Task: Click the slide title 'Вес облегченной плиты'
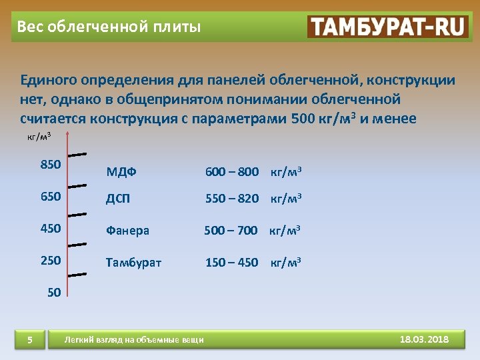click(x=108, y=27)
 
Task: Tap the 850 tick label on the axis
click(x=51, y=165)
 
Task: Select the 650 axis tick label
click(x=51, y=197)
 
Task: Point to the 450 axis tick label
click(x=51, y=229)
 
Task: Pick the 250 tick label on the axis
click(x=51, y=261)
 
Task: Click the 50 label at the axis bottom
click(x=55, y=291)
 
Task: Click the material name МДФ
click(x=121, y=172)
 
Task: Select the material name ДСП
click(x=119, y=199)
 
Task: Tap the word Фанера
click(x=127, y=231)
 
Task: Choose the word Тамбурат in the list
click(x=133, y=263)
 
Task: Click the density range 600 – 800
click(x=232, y=172)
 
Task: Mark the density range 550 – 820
click(x=232, y=199)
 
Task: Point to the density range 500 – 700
click(x=231, y=231)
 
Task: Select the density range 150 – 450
click(x=232, y=263)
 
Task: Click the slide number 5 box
click(x=30, y=341)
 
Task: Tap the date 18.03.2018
click(x=424, y=340)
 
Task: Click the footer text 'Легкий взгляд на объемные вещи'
click(x=133, y=341)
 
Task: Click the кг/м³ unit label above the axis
click(x=39, y=137)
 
